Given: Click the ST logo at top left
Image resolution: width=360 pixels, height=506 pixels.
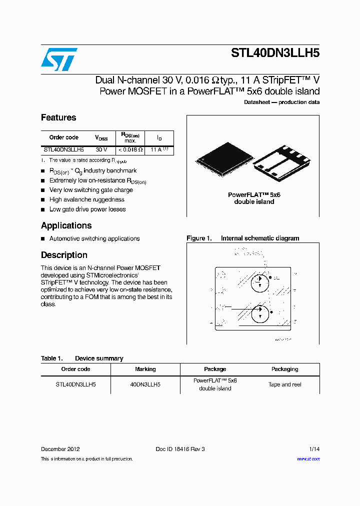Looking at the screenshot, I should [x=58, y=59].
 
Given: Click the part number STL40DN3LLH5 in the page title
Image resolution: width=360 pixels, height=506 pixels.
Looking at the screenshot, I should [x=275, y=53].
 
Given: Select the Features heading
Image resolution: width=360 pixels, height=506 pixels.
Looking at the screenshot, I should [x=58, y=117].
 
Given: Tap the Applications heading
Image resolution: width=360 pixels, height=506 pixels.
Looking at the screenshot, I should [x=66, y=225].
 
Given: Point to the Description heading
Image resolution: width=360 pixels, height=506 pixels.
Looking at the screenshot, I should [x=64, y=255].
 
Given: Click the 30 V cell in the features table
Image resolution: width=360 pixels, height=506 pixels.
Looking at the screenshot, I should [x=101, y=149].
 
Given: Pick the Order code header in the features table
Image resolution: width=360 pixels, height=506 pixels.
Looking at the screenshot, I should [x=64, y=137].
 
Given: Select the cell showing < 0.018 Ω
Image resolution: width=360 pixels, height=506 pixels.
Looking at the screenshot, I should [x=130, y=149].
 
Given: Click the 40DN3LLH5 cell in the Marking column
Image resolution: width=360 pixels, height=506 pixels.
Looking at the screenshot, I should [x=145, y=384].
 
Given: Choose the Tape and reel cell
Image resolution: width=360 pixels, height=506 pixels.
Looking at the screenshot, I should [x=284, y=384].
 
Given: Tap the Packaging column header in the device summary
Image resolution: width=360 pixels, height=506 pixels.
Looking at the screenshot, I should [x=284, y=369].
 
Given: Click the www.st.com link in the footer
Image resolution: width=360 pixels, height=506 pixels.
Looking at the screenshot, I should [x=308, y=458].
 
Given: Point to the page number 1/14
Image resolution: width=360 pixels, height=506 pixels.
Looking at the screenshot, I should [x=313, y=449].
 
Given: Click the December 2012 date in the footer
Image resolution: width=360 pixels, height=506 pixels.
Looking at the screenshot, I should [x=60, y=449].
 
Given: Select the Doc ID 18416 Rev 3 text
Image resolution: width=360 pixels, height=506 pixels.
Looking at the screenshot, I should [x=180, y=449].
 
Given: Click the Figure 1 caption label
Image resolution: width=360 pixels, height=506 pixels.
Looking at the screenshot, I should [x=199, y=238].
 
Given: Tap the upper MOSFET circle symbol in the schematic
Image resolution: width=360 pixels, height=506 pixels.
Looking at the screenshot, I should [x=259, y=283].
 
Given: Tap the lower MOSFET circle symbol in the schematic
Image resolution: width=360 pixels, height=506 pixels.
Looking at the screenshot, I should [x=259, y=313].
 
